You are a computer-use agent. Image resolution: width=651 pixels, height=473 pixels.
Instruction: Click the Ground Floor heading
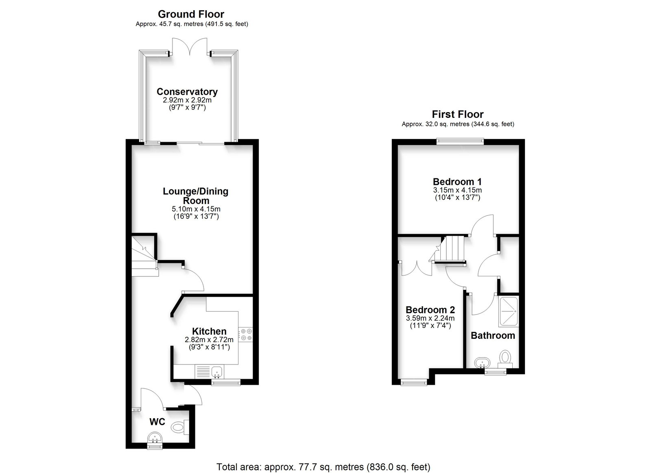tap(191, 14)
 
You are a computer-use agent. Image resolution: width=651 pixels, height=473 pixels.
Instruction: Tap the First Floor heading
tap(458, 114)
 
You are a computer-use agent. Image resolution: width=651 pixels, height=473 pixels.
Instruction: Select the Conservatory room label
tap(187, 92)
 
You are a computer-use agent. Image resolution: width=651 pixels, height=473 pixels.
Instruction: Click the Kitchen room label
tap(209, 331)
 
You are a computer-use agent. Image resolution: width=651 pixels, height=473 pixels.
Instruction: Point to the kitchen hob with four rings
tap(246, 334)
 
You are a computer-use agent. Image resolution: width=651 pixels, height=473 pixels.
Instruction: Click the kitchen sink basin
tap(217, 371)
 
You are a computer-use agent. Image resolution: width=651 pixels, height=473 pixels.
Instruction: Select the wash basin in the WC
tap(155, 436)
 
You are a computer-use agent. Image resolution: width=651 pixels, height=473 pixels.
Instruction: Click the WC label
tap(157, 422)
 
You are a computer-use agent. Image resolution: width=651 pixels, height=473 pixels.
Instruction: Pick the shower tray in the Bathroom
tap(508, 312)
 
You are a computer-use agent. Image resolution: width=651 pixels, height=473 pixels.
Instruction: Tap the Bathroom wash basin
tap(483, 362)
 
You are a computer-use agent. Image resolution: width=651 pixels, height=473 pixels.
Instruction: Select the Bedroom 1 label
tap(457, 182)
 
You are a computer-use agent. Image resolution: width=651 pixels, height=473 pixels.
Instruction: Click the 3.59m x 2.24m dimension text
tap(430, 318)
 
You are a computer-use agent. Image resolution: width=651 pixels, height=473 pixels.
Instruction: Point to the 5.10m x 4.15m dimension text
tap(196, 209)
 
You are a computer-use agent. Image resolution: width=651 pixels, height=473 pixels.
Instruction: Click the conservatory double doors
tap(190, 46)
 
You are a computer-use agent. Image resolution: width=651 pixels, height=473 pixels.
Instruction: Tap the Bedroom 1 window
tap(460, 141)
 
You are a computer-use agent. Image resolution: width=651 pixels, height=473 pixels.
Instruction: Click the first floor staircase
tap(448, 249)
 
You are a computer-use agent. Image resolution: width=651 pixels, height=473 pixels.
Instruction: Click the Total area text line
tap(323, 459)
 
